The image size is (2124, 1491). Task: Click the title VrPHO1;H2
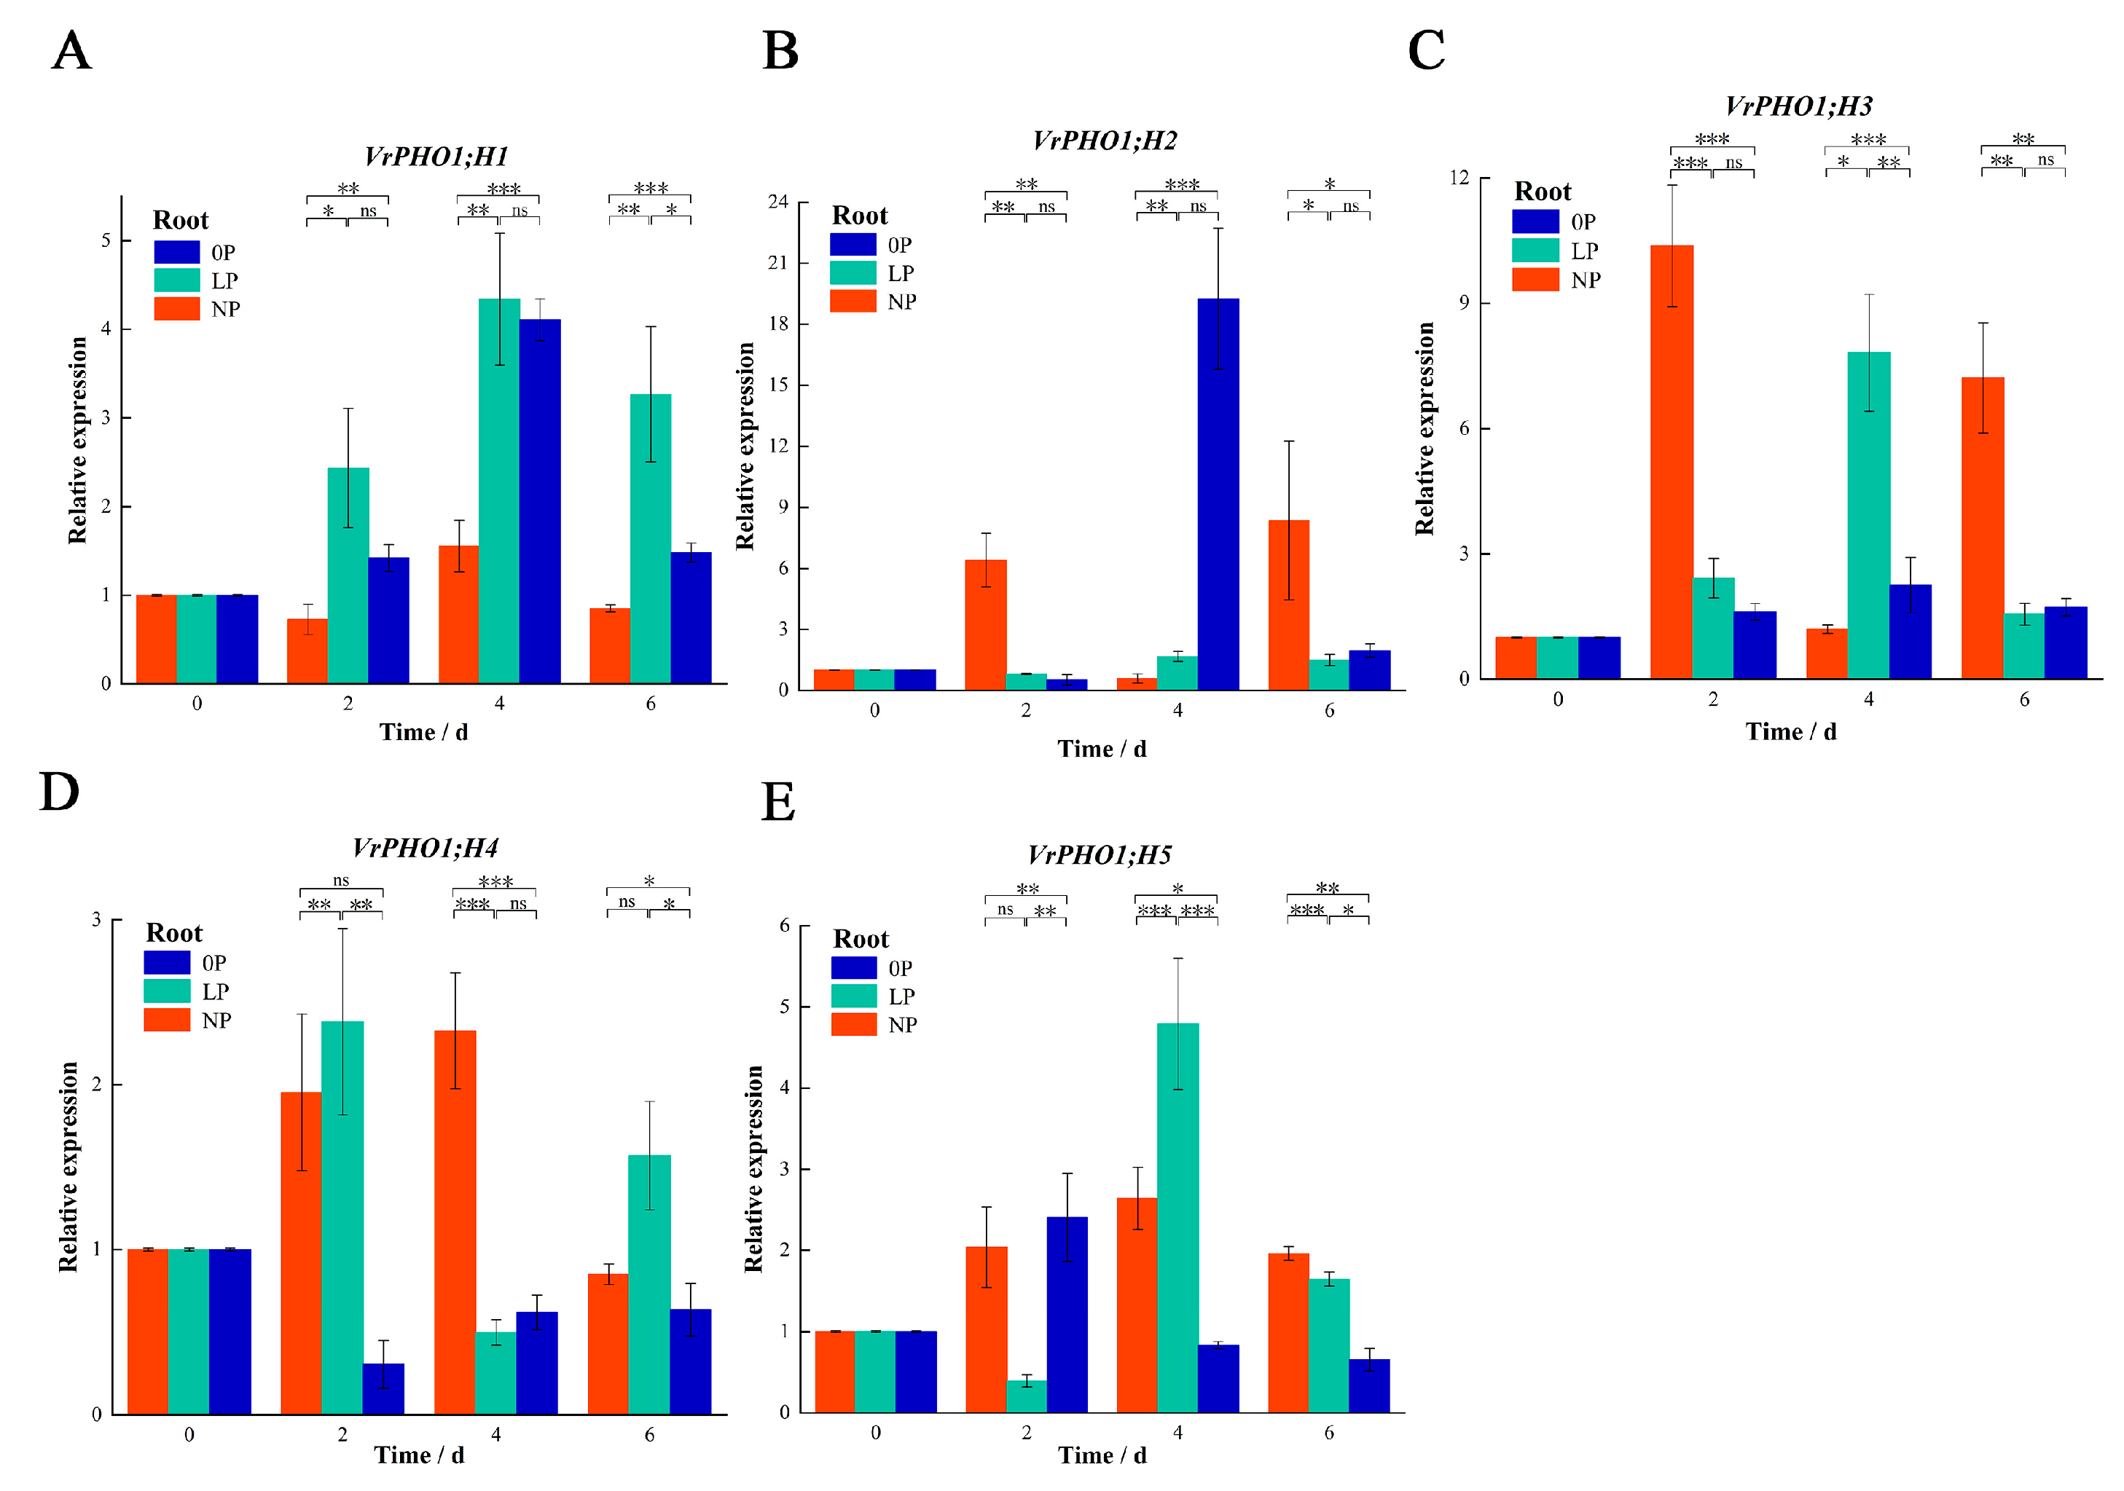point(1105,141)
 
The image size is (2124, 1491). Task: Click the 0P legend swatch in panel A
point(176,251)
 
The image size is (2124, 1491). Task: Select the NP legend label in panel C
point(1585,280)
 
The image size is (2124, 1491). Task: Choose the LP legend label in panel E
point(901,996)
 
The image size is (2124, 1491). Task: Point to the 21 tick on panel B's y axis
point(778,263)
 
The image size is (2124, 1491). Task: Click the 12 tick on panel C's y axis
point(1459,178)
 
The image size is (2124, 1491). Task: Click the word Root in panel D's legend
point(174,932)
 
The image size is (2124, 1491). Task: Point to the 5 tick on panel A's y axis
point(106,240)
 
